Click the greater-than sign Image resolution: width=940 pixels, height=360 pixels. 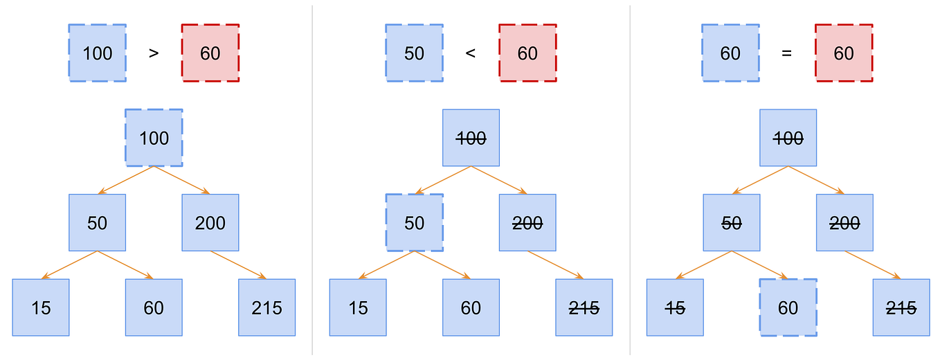(x=154, y=53)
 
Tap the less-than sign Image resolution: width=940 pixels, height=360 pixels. (x=471, y=53)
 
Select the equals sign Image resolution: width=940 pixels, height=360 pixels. (x=786, y=53)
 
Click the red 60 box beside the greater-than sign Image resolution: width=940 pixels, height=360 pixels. (x=210, y=53)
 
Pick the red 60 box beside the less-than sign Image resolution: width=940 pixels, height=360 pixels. (x=527, y=53)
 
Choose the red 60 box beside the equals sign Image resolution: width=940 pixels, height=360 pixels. (x=844, y=53)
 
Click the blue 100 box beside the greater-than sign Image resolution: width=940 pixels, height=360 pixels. (x=98, y=53)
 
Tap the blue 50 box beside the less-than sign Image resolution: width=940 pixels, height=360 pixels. (x=414, y=53)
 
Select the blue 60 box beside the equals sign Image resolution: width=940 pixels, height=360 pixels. (x=730, y=53)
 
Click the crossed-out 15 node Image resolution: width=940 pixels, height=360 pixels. (x=675, y=307)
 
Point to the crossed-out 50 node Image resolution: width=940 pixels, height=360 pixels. (x=731, y=223)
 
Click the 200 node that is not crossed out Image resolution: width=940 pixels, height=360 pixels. (x=210, y=223)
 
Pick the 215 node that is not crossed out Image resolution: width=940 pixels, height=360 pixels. (x=267, y=307)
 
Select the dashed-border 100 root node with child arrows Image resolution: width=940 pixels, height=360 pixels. (x=154, y=138)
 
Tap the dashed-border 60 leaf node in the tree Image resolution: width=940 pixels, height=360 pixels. (x=788, y=307)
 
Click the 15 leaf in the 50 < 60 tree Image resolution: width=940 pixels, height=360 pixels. (x=358, y=307)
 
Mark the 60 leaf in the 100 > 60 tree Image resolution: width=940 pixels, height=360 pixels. (x=154, y=307)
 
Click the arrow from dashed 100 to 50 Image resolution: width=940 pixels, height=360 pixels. (x=126, y=180)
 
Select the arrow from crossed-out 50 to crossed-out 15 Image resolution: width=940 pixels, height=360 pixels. (x=703, y=264)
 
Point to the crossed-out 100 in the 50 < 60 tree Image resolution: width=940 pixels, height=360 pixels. (x=471, y=138)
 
